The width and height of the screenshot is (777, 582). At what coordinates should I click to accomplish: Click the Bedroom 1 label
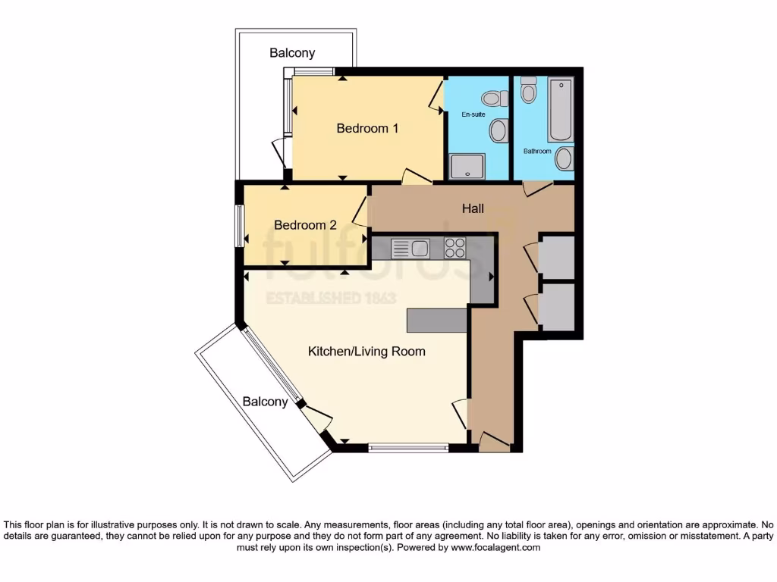click(x=367, y=129)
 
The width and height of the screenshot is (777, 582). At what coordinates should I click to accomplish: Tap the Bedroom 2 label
click(x=305, y=225)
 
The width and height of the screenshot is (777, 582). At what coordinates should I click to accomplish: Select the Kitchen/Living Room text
click(x=366, y=352)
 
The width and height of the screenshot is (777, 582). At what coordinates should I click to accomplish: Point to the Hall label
click(x=473, y=208)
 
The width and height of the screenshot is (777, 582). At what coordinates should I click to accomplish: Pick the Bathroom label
click(x=537, y=151)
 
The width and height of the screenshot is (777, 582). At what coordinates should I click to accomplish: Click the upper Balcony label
click(x=292, y=53)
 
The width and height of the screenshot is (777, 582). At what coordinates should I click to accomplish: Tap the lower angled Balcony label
click(x=266, y=402)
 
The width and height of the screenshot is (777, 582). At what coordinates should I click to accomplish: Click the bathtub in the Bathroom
click(x=561, y=109)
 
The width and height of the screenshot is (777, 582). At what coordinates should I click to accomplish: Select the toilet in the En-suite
click(x=494, y=98)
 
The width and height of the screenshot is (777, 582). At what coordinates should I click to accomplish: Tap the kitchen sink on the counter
click(x=411, y=248)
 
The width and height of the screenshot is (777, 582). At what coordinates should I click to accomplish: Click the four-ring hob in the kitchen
click(x=455, y=248)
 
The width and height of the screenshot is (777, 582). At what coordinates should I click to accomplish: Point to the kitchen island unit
click(x=437, y=321)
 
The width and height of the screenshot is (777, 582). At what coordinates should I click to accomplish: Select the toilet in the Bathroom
click(x=529, y=91)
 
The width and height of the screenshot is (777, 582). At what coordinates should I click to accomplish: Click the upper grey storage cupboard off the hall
click(x=556, y=258)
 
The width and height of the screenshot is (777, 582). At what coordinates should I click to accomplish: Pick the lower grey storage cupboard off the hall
click(x=556, y=306)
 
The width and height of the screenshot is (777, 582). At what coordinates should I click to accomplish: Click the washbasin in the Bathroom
click(x=564, y=159)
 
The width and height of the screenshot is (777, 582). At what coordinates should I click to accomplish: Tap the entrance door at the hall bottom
click(x=494, y=443)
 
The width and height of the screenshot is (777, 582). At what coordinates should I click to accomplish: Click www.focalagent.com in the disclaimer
click(x=495, y=547)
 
